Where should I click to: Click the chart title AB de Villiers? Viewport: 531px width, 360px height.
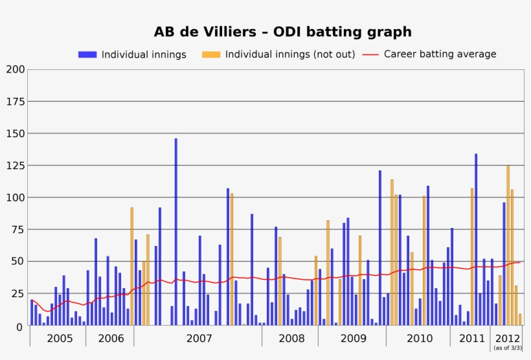click(x=282, y=32)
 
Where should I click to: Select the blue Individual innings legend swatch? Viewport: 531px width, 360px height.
click(x=87, y=54)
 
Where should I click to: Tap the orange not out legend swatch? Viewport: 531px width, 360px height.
click(x=211, y=54)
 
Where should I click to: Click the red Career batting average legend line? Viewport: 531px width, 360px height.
click(x=370, y=54)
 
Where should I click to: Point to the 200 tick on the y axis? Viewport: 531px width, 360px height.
click(x=16, y=69)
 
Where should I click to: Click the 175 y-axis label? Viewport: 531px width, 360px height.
click(x=16, y=102)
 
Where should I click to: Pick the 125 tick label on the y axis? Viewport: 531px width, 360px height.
click(x=16, y=166)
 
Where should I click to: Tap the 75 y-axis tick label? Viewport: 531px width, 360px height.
click(x=18, y=230)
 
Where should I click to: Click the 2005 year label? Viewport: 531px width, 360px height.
click(x=60, y=338)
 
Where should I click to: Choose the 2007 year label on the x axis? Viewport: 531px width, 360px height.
click(x=199, y=338)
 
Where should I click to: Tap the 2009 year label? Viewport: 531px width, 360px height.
click(x=353, y=338)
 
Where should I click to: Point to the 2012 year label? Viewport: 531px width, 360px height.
click(x=506, y=338)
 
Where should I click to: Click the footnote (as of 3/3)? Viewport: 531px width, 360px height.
click(x=506, y=348)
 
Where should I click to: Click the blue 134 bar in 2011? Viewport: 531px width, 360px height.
click(x=476, y=240)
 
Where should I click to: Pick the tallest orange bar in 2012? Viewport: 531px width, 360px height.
click(x=508, y=245)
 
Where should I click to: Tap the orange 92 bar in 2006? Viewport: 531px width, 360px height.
click(x=131, y=266)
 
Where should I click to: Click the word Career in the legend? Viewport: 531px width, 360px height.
click(x=400, y=54)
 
